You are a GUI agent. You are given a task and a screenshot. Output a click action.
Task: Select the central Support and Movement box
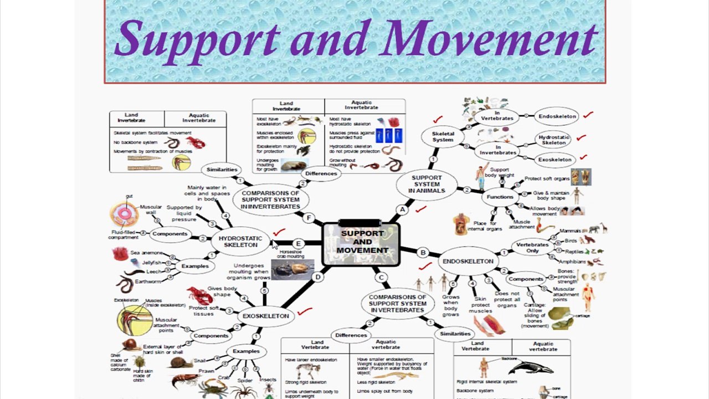361,243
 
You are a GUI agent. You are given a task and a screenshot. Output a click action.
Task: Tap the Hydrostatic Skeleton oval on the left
240,242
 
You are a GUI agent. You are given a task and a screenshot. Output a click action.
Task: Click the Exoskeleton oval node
266,316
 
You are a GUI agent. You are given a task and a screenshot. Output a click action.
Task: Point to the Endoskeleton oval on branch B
468,261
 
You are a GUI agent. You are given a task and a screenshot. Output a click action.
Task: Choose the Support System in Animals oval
427,185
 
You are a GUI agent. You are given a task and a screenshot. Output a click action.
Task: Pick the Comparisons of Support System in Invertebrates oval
270,199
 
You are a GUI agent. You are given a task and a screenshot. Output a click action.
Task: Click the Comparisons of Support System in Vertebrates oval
398,303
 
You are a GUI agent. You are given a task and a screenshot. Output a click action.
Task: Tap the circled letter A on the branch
403,210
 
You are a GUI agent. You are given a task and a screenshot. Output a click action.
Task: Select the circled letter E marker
299,244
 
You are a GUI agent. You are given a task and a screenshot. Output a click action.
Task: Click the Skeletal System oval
443,136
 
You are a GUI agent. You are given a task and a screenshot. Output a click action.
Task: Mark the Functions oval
500,197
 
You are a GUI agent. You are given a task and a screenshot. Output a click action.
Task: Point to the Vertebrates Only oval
532,248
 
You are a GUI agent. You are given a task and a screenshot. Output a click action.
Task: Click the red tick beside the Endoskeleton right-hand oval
588,115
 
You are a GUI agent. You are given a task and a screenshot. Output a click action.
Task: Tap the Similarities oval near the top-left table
222,170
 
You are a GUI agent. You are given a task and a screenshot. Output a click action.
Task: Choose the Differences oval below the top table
321,173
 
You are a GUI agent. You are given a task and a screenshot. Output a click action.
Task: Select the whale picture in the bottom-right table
531,366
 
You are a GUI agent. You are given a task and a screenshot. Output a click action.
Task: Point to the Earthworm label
148,282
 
